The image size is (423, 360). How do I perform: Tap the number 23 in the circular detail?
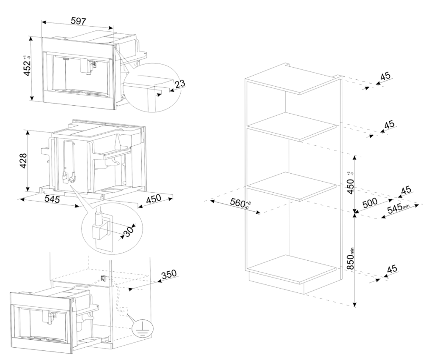180,84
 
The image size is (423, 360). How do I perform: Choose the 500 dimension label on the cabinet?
370,203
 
